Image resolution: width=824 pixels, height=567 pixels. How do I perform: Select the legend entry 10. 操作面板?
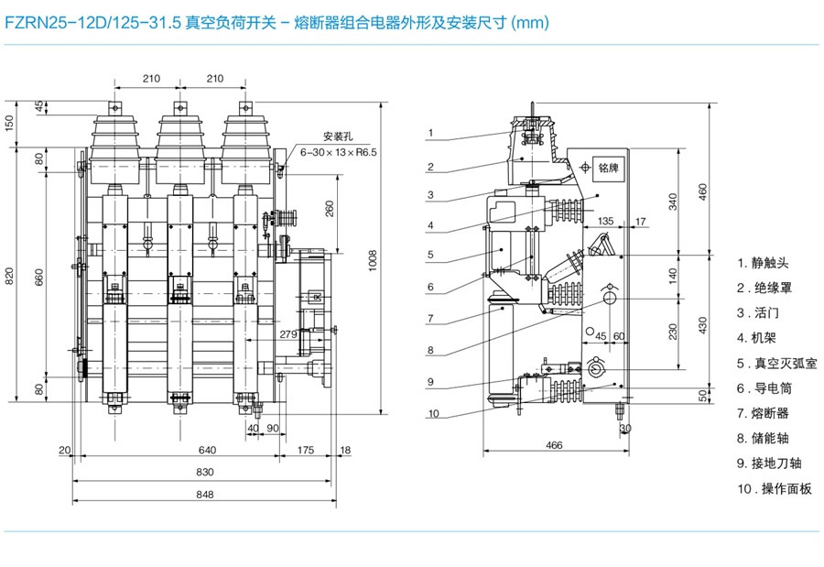point(775,488)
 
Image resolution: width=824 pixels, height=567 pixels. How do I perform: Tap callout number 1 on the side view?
point(429,133)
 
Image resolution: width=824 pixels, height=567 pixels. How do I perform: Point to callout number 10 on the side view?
point(433,413)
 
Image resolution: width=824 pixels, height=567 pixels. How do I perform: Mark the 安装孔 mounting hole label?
point(337,137)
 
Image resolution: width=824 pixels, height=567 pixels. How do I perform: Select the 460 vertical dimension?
point(703,190)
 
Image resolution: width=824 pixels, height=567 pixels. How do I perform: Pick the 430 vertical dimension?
point(703,322)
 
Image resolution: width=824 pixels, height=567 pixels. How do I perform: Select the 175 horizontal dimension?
point(306,450)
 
